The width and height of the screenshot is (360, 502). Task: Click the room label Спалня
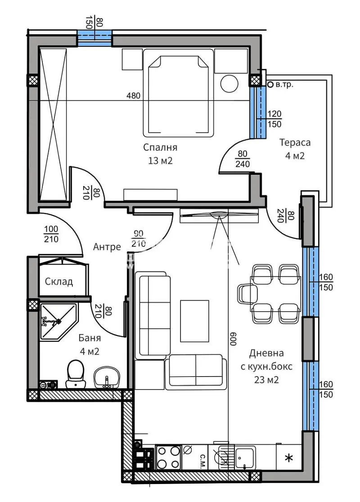(x=160, y=147)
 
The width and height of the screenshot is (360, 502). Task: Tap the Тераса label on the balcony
(x=295, y=143)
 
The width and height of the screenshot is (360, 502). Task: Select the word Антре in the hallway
(x=107, y=247)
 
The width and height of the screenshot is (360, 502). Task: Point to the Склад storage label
(x=59, y=282)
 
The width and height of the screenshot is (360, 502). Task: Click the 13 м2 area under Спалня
(x=160, y=161)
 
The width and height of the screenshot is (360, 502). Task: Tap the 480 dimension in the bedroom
(x=133, y=95)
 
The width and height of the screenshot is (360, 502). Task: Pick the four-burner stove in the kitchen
(x=168, y=457)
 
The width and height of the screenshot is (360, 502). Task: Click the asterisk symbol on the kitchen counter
(x=288, y=458)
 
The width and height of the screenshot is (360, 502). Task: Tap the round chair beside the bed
(x=229, y=84)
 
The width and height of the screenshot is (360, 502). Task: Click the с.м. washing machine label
(x=202, y=458)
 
